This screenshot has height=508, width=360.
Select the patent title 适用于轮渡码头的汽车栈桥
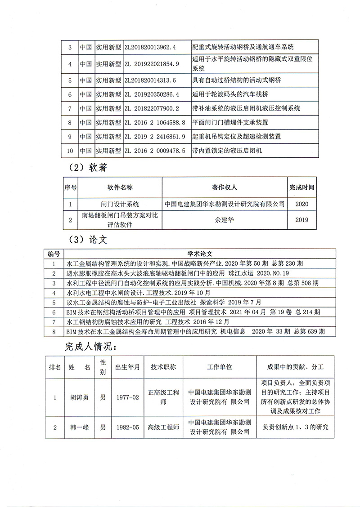230,94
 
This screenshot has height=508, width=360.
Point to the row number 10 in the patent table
70,151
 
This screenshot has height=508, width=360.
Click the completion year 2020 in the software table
301,204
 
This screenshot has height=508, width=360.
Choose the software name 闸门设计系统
120,204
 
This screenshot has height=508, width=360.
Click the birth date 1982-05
127,427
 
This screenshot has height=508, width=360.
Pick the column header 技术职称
163,367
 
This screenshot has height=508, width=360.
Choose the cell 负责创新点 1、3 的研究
296,427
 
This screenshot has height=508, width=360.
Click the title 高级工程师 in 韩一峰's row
163,427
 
